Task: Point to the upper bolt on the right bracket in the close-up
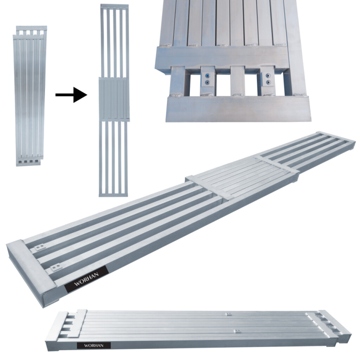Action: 269,75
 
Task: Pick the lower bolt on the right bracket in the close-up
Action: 269,83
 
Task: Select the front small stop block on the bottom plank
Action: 235,331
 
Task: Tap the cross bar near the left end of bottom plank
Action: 81,323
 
